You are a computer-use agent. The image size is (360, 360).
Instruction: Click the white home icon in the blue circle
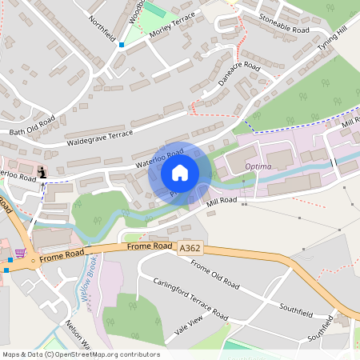pyautogui.click(x=180, y=173)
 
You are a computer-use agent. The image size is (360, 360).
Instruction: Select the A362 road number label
pyautogui.click(x=190, y=249)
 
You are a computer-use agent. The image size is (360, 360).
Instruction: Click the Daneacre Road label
pyautogui.click(x=241, y=68)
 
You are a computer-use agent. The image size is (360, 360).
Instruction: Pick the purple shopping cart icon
pyautogui.click(x=19, y=253)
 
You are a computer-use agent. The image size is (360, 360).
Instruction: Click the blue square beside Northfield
pyautogui.click(x=122, y=45)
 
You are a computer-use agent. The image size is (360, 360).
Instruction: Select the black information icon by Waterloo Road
pyautogui.click(x=42, y=172)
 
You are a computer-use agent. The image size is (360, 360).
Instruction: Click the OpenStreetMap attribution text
pyautogui.click(x=80, y=354)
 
